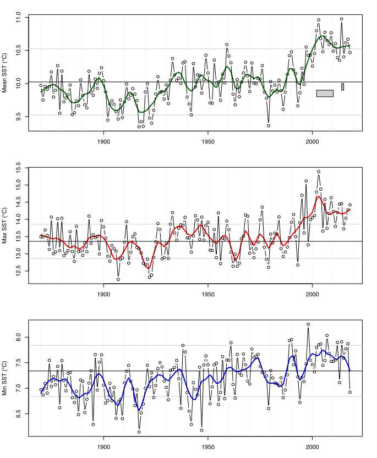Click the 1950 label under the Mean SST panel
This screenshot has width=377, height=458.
point(208,141)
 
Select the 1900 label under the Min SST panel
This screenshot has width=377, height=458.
point(103,445)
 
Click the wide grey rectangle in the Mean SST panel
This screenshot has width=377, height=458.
point(325,93)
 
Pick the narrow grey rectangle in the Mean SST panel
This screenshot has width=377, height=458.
point(342,86)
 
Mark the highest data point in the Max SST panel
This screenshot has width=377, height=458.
point(319,172)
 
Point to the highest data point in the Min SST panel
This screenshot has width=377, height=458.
point(308,324)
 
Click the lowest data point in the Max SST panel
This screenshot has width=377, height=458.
point(118,279)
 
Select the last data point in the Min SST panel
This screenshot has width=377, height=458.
point(350,392)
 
